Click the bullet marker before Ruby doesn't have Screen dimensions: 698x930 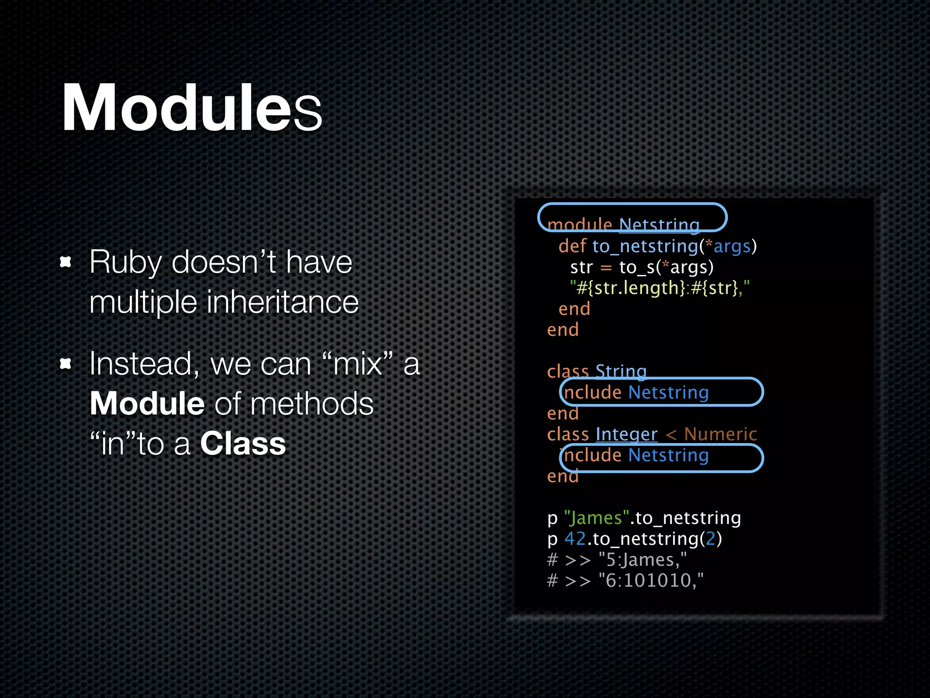point(66,262)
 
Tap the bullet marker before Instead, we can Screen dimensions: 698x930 point(66,364)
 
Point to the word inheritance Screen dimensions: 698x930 point(282,302)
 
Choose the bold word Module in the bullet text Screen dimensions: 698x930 point(147,404)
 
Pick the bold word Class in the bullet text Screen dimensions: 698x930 point(243,444)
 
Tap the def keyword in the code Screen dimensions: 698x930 point(572,246)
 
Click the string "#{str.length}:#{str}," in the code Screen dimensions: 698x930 point(659,288)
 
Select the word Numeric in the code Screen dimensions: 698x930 point(720,434)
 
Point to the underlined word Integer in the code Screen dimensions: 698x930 point(626,434)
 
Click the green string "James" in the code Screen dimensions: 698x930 point(596,518)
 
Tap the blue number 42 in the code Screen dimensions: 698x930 point(575,539)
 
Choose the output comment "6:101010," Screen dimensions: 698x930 point(651,581)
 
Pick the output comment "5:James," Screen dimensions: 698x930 point(642,560)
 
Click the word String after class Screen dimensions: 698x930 point(621,372)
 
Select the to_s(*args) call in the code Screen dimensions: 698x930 point(666,267)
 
